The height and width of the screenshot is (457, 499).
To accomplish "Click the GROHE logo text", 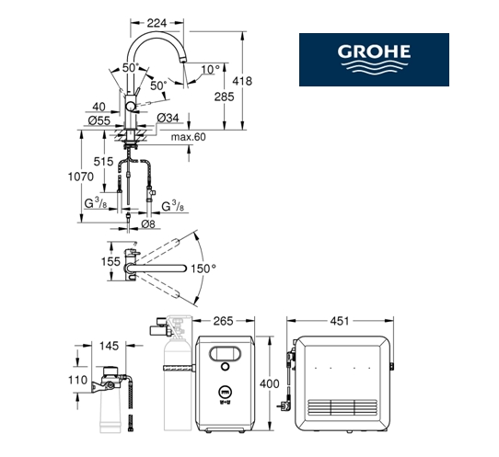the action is [374, 51].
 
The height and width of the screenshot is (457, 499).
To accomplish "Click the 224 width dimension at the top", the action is [157, 23].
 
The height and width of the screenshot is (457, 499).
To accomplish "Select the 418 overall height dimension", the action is [242, 81].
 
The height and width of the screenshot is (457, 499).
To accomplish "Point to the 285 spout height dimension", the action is [224, 97].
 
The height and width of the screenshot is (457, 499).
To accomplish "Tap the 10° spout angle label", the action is [210, 69].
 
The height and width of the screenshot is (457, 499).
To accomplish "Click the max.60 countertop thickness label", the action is [189, 137].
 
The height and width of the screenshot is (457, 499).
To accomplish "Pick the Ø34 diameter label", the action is [168, 118].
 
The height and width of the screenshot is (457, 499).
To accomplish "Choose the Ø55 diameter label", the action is [99, 120].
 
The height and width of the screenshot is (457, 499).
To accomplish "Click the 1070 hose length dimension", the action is [81, 177].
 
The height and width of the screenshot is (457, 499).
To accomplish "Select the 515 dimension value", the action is [103, 162].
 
